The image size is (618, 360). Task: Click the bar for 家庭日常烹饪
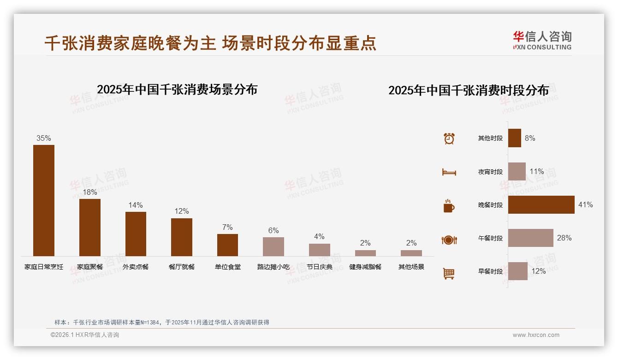point(44,200)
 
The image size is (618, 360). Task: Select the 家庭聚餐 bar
point(89,227)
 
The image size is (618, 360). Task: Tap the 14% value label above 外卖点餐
point(136,205)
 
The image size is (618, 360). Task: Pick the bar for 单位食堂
point(227,245)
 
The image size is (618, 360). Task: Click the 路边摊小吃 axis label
point(273,267)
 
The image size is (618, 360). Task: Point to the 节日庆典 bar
point(319,250)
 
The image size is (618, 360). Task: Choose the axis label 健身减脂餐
point(365,267)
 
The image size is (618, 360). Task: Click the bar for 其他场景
point(411,253)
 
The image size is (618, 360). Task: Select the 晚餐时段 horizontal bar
point(541,204)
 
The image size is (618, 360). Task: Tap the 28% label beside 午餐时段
point(564,238)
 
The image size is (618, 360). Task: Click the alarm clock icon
point(449,138)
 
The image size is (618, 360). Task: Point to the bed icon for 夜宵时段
point(449,172)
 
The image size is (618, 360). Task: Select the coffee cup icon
point(449,205)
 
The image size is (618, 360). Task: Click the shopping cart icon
point(449,273)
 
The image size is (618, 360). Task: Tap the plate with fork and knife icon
point(449,240)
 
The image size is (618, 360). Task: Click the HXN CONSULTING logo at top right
point(542,40)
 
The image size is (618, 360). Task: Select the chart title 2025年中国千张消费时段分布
point(469,90)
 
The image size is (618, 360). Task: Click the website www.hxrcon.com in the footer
point(536,335)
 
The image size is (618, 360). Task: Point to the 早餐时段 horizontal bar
point(517,271)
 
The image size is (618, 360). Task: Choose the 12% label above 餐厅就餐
point(181,211)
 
